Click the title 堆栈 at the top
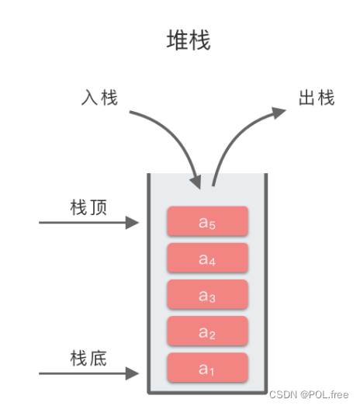(x=189, y=40)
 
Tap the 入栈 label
(x=99, y=98)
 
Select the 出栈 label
(x=317, y=98)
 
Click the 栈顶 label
(x=88, y=207)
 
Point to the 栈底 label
(x=88, y=359)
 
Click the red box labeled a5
(x=208, y=221)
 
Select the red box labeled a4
(x=208, y=258)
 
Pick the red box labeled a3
(x=208, y=294)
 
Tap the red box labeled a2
(x=208, y=331)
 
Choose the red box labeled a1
(x=208, y=367)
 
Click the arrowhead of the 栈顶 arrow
(x=133, y=223)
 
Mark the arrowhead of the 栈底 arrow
(x=133, y=373)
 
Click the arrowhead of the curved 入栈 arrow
(x=196, y=182)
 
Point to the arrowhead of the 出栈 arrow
(x=279, y=113)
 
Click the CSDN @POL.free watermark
(x=309, y=394)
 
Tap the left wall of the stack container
(x=149, y=283)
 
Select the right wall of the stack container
(x=266, y=283)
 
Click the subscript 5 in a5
(x=213, y=225)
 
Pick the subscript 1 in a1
(x=212, y=372)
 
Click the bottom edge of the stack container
(x=207, y=393)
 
